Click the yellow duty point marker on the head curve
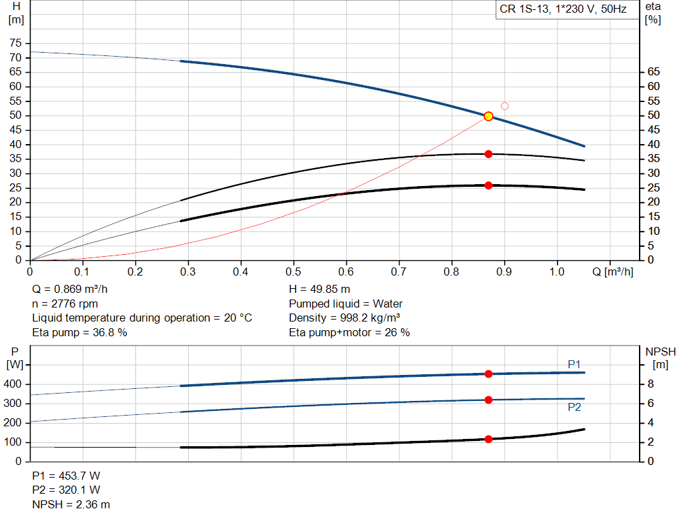[x=488, y=116]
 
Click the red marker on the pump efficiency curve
[x=488, y=154]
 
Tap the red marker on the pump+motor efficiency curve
[x=488, y=185]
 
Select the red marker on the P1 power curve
[x=488, y=374]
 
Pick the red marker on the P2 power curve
[x=488, y=400]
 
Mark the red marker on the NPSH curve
[x=488, y=439]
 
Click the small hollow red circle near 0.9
[x=504, y=106]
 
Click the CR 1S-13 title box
[x=563, y=10]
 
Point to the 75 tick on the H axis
[x=15, y=43]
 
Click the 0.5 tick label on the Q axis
[x=293, y=272]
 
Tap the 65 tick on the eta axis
[x=653, y=72]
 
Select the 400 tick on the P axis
[x=14, y=384]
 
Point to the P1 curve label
[x=574, y=364]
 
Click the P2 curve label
[x=574, y=407]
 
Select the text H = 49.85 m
[x=319, y=290]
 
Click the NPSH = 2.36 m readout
[x=71, y=504]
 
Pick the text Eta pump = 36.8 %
[x=79, y=332]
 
